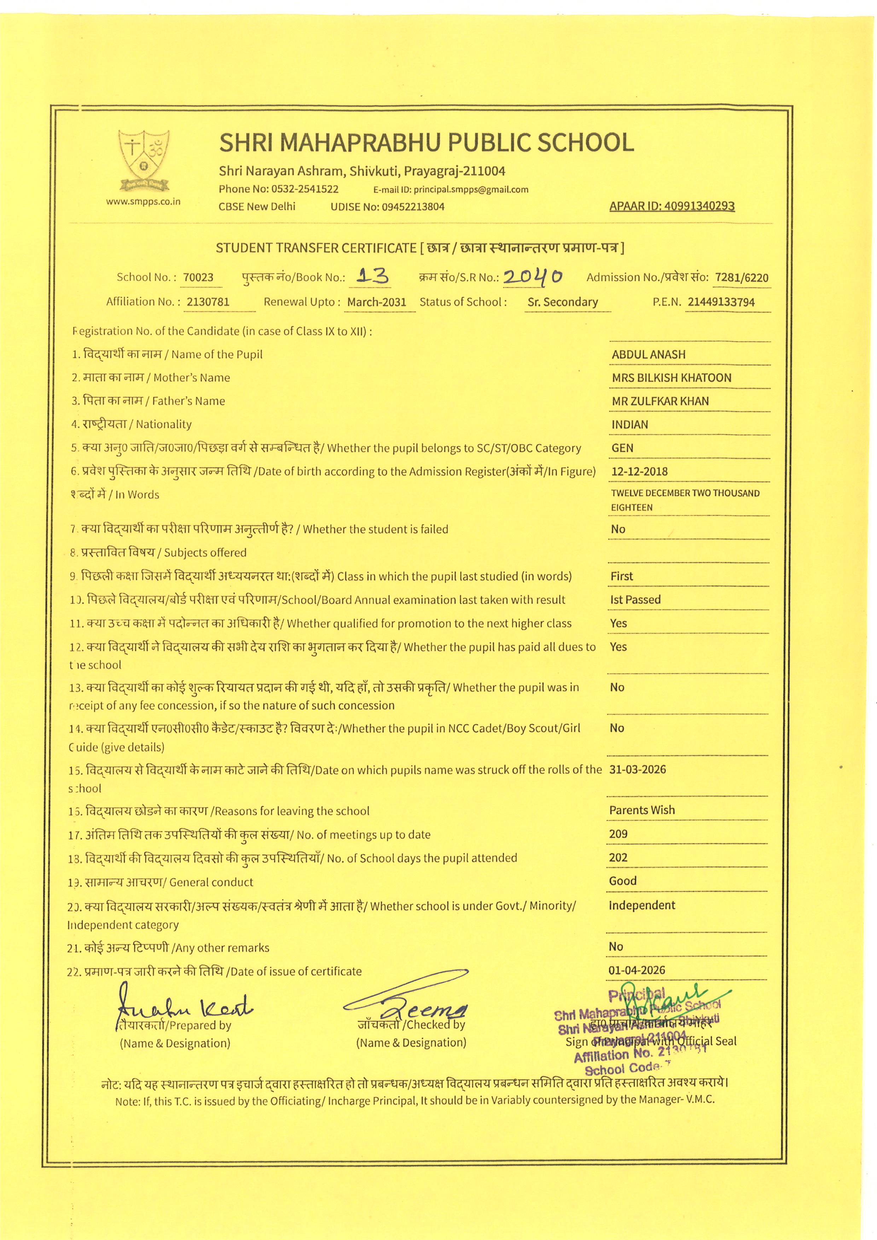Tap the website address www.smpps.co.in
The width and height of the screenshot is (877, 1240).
tap(144, 202)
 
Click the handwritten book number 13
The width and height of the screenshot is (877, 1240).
tap(374, 276)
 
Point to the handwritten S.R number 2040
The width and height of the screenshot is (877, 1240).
tap(533, 276)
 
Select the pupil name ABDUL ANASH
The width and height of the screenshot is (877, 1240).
tap(649, 354)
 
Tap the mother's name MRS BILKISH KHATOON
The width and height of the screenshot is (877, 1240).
tap(671, 378)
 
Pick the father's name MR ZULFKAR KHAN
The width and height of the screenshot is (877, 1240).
tap(660, 401)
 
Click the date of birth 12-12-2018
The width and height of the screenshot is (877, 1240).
tap(639, 471)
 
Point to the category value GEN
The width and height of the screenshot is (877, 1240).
tap(622, 448)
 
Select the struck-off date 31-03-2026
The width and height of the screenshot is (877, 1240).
tap(637, 769)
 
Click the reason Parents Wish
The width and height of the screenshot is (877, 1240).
tap(641, 810)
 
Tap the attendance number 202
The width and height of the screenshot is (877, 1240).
tap(618, 858)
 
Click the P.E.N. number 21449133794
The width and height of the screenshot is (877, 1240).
tap(721, 302)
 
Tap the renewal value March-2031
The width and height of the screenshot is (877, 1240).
tap(376, 302)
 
